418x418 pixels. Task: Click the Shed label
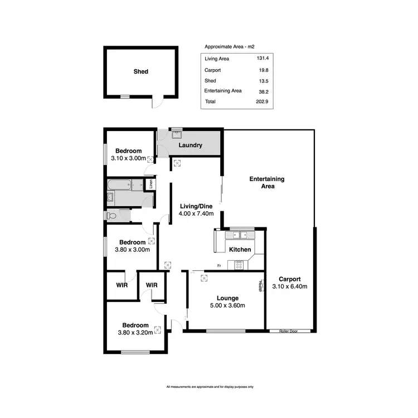pos(141,72)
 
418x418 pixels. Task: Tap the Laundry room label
pos(190,146)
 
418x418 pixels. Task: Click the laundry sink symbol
pos(177,134)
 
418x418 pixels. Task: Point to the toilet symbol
pos(111,215)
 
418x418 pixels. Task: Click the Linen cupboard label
pos(149,183)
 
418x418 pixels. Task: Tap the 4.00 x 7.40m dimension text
pos(195,213)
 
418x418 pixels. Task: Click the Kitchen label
pos(240,250)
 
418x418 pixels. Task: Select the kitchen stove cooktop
pos(239,265)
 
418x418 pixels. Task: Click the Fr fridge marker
pos(220,265)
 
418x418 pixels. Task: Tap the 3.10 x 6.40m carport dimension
pos(290,286)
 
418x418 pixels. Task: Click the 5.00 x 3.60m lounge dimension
pos(227,305)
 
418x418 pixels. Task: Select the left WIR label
pos(121,285)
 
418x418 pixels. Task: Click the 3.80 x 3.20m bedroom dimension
pos(135,333)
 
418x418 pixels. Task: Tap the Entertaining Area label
pos(266,182)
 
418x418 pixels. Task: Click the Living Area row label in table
pos(217,59)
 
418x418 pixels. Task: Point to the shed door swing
pos(158,103)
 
